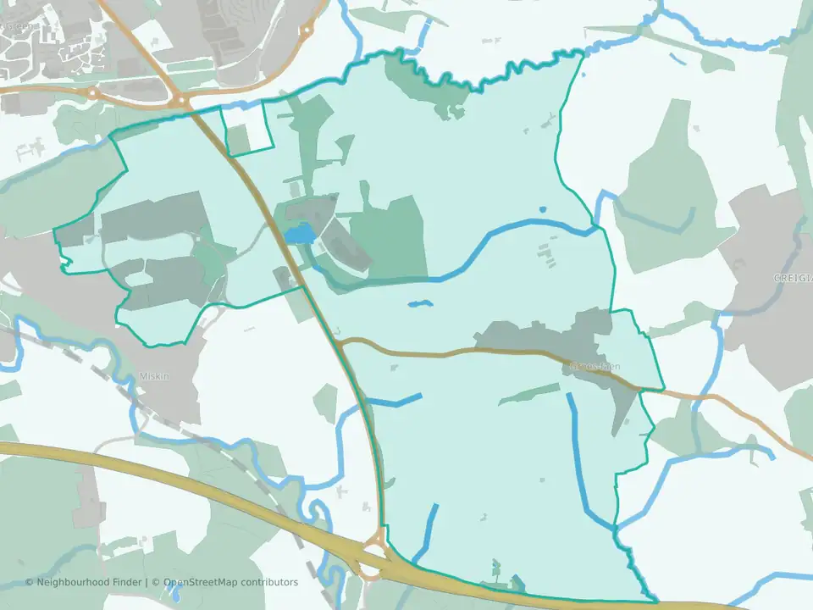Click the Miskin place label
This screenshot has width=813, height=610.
click(155, 376)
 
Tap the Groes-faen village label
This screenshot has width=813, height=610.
click(595, 366)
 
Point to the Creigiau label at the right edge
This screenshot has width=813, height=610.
click(794, 278)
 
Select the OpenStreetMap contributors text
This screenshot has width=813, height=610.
click(230, 582)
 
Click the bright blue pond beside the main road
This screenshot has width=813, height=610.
click(297, 234)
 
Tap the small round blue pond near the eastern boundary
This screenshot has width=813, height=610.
click(542, 209)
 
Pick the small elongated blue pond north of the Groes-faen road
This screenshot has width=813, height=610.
click(420, 303)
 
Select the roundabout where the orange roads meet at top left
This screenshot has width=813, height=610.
click(181, 101)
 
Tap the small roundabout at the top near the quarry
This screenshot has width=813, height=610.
click(307, 32)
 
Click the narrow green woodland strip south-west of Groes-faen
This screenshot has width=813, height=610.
click(529, 392)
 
